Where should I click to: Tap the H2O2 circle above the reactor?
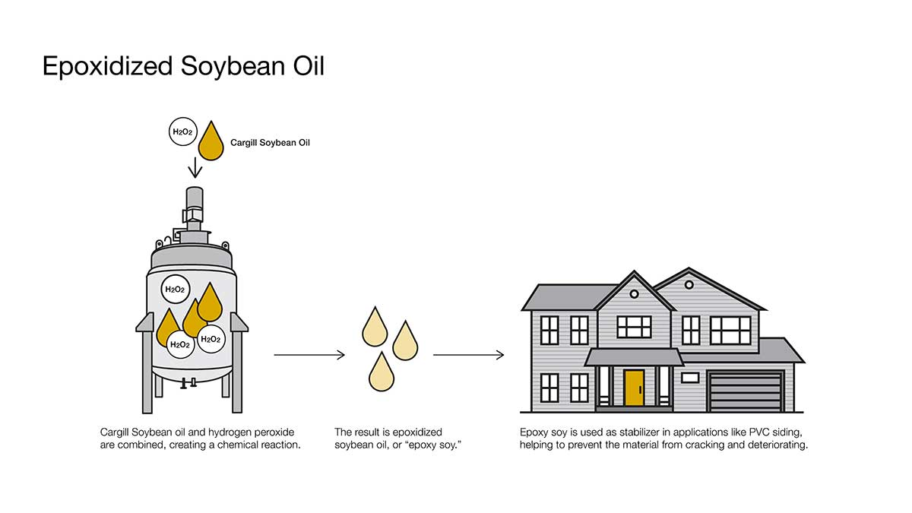[182, 131]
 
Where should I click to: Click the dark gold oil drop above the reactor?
[211, 142]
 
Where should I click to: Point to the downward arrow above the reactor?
[195, 166]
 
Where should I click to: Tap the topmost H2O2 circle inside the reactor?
[175, 289]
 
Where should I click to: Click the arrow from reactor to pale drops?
[309, 355]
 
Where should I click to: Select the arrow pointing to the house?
[468, 355]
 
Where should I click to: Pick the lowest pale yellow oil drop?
[381, 372]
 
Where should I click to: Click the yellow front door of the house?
[634, 388]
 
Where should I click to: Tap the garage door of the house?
[746, 392]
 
